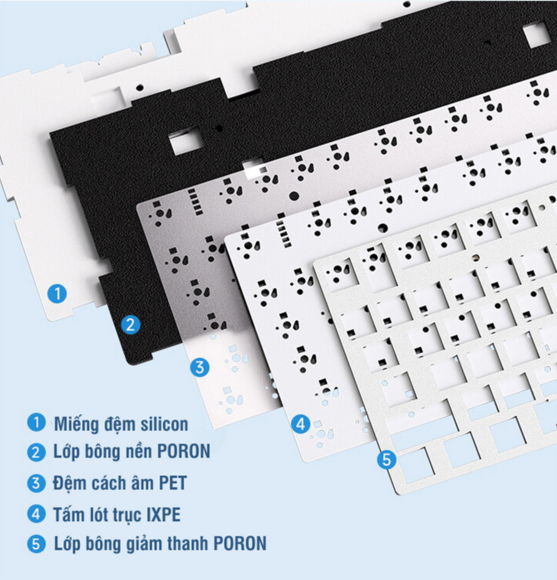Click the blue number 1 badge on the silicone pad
(58, 294)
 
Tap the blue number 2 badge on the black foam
(131, 325)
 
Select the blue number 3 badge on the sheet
(200, 367)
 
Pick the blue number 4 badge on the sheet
(301, 424)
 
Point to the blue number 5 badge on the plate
(387, 460)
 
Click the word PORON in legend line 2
(184, 451)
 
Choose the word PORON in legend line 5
(240, 543)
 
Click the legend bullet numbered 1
(37, 422)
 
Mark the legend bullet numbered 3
(37, 483)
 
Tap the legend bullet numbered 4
(37, 514)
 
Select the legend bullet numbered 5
(37, 544)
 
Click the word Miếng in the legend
(76, 424)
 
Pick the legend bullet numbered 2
(37, 452)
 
